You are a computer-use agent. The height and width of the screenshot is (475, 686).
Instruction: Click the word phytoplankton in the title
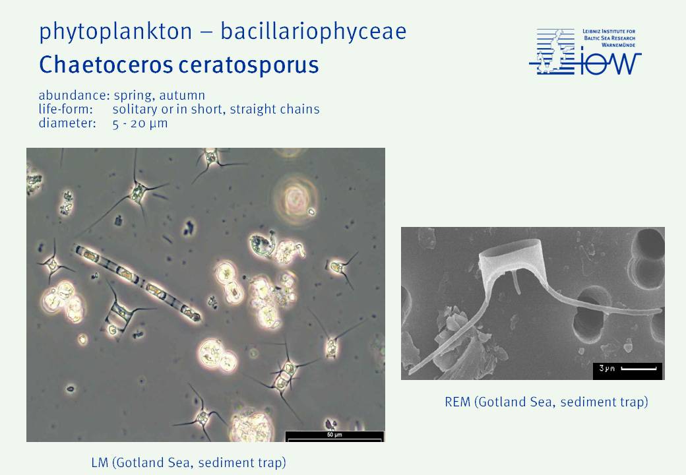(x=115, y=32)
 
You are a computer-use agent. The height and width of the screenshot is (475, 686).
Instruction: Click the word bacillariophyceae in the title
(x=313, y=32)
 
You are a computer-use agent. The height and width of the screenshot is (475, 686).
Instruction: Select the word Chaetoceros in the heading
(x=106, y=65)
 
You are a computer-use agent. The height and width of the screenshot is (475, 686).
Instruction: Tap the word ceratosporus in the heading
(x=249, y=65)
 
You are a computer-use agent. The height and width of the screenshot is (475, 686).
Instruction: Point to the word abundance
(x=73, y=95)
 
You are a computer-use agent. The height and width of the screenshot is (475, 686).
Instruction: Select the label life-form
(x=65, y=109)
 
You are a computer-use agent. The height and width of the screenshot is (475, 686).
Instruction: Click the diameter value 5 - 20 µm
(x=140, y=123)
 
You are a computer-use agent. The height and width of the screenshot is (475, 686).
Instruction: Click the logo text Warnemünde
(x=618, y=45)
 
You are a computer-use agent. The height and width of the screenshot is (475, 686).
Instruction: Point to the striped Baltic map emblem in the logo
(x=552, y=51)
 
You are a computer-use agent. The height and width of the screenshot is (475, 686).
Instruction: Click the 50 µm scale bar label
(x=334, y=435)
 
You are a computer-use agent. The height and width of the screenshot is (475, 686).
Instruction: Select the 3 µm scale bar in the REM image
(x=639, y=369)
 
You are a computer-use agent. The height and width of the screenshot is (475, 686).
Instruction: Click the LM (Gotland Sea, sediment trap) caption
(x=189, y=462)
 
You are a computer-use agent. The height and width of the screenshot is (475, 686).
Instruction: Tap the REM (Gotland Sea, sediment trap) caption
(x=546, y=402)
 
